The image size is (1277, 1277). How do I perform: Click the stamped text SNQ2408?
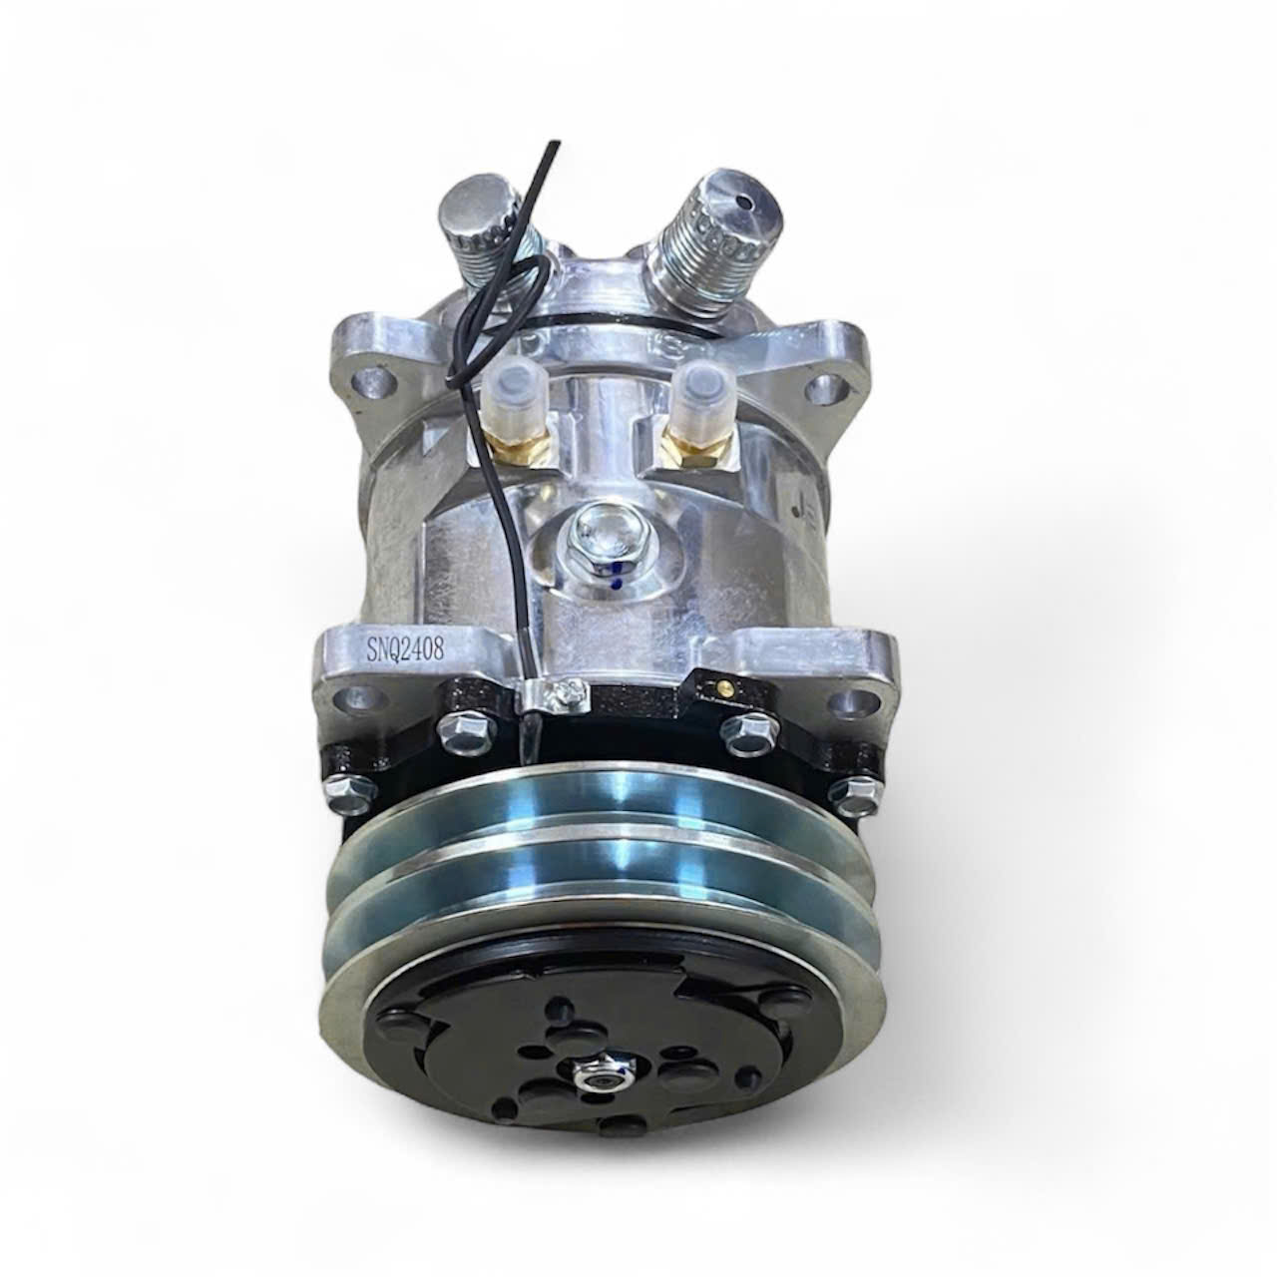click(x=406, y=649)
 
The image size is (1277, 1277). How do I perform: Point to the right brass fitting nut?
click(x=695, y=444)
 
